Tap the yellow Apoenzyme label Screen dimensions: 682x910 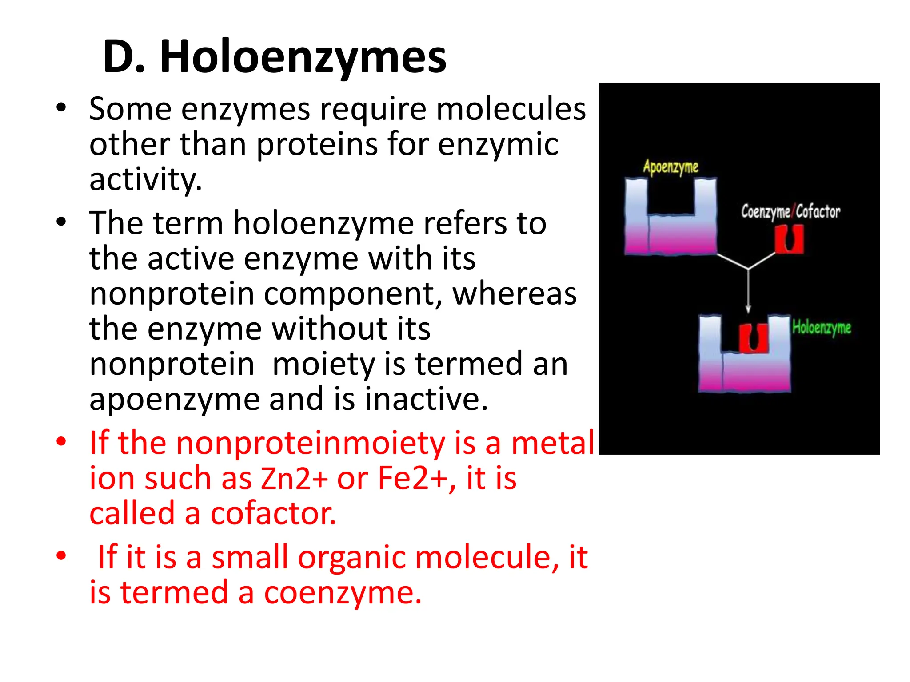(671, 167)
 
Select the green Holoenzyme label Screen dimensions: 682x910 (822, 328)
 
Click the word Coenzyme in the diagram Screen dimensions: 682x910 (765, 212)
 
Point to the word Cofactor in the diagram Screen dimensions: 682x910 (818, 212)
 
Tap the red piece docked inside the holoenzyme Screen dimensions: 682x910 (753, 338)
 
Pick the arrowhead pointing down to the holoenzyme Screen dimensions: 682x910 (748, 309)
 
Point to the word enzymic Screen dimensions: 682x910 (498, 144)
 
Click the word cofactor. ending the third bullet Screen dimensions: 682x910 (273, 513)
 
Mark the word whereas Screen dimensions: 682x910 (515, 293)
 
